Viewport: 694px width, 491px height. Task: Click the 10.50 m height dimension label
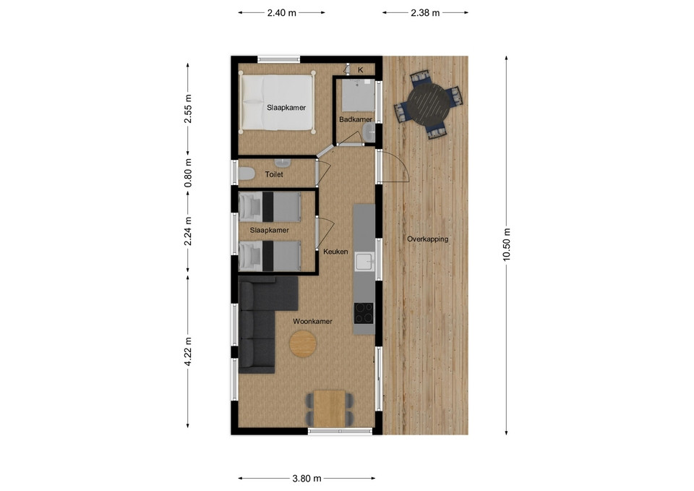pyautogui.click(x=507, y=244)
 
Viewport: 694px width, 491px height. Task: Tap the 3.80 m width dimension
pyautogui.click(x=307, y=478)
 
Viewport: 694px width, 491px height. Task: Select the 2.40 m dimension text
pyautogui.click(x=281, y=13)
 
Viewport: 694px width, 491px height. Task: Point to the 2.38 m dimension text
pyautogui.click(x=425, y=13)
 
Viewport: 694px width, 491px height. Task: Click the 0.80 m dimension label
pyautogui.click(x=188, y=173)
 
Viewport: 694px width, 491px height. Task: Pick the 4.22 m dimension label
pyautogui.click(x=188, y=351)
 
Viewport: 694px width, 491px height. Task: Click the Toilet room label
pyautogui.click(x=274, y=174)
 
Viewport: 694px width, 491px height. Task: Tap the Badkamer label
pyautogui.click(x=356, y=119)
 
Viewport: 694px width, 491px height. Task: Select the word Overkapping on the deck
pyautogui.click(x=427, y=239)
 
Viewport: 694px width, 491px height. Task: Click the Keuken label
pyautogui.click(x=335, y=252)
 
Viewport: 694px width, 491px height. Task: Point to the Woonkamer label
pyautogui.click(x=312, y=322)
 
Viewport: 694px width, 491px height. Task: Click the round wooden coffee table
pyautogui.click(x=303, y=343)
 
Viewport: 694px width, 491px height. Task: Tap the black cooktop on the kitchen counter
pyautogui.click(x=364, y=313)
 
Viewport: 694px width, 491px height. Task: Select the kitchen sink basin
pyautogui.click(x=364, y=262)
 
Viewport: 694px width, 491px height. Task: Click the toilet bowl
pyautogui.click(x=246, y=174)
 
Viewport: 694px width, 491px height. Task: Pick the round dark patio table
pyautogui.click(x=429, y=104)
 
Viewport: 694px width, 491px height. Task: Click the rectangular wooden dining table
pyautogui.click(x=329, y=409)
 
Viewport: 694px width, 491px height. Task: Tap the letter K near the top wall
pyautogui.click(x=361, y=70)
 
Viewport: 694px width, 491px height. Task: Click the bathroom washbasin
pyautogui.click(x=368, y=132)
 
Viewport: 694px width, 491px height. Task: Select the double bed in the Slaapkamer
pyautogui.click(x=277, y=102)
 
